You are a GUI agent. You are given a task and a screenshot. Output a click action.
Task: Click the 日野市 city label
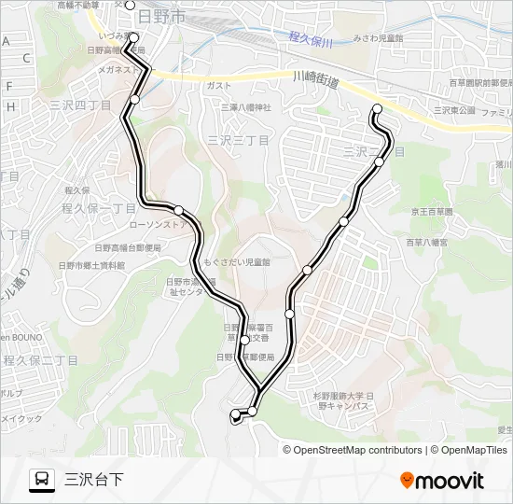160,17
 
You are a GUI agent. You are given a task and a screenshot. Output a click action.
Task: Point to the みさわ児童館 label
378,38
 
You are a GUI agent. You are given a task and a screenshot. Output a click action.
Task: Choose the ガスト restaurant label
218,85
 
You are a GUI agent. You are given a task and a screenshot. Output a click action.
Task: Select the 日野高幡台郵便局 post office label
127,248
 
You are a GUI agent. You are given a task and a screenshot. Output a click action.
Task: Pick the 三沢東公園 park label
454,110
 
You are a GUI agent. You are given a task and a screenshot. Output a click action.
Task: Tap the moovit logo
442,481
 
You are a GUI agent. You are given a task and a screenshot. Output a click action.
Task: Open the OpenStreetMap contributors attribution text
357,450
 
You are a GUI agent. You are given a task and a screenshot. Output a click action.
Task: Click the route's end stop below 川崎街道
378,110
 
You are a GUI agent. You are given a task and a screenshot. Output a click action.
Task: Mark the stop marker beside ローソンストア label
179,210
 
